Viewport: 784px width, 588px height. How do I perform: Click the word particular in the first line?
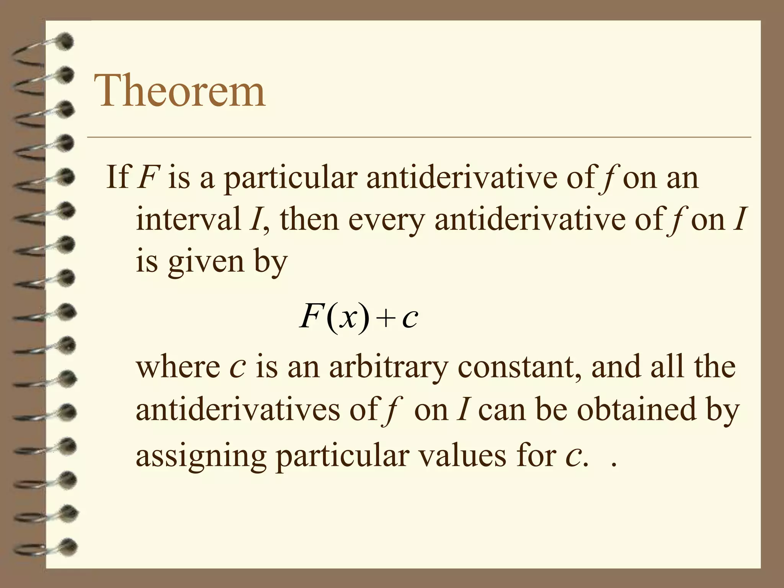[x=291, y=178]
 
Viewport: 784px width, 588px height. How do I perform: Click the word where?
[x=178, y=367]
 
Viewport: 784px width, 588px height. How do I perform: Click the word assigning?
[x=201, y=457]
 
